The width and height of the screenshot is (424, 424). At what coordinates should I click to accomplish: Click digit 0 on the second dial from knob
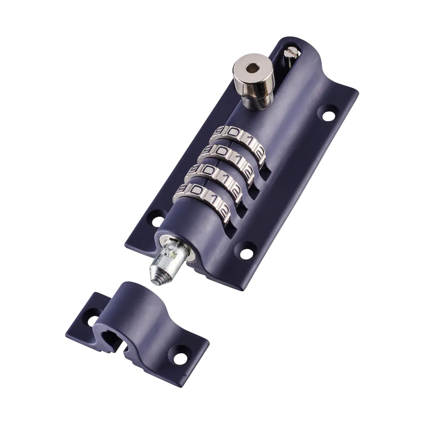click(221, 152)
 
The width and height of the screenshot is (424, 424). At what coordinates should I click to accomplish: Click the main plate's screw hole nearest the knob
click(329, 114)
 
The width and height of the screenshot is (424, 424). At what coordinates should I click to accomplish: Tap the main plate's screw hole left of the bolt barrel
click(157, 220)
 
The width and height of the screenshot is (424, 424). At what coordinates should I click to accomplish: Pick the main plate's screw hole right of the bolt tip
click(246, 254)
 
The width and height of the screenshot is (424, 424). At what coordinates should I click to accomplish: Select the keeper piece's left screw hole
click(93, 321)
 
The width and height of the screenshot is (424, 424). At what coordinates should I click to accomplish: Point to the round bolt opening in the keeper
click(111, 339)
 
